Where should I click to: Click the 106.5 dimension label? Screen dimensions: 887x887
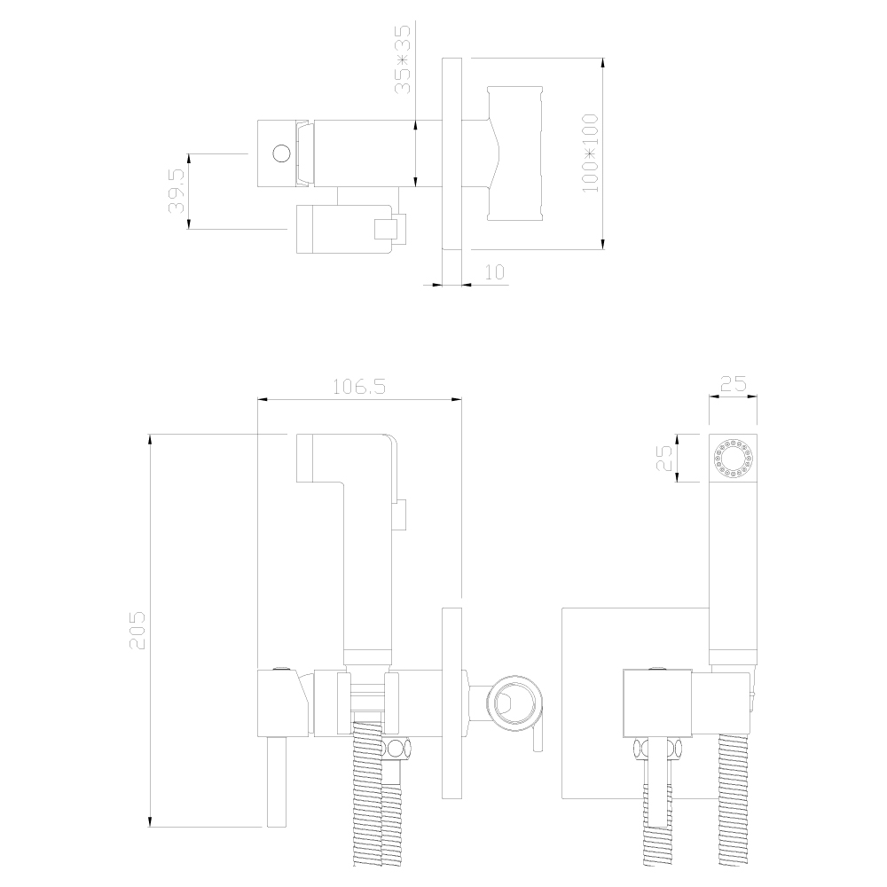(x=358, y=387)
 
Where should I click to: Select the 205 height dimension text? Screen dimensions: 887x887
(x=137, y=630)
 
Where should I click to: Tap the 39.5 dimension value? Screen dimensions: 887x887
(x=177, y=191)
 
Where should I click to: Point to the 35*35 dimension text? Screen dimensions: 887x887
(x=404, y=59)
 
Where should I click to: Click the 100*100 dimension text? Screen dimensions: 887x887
(x=590, y=153)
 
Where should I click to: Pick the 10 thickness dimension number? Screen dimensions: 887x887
(x=494, y=272)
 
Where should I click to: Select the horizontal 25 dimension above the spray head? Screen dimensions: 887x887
(x=734, y=384)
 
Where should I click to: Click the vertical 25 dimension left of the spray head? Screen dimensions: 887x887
(x=664, y=459)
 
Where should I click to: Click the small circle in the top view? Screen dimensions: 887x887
(x=281, y=153)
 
